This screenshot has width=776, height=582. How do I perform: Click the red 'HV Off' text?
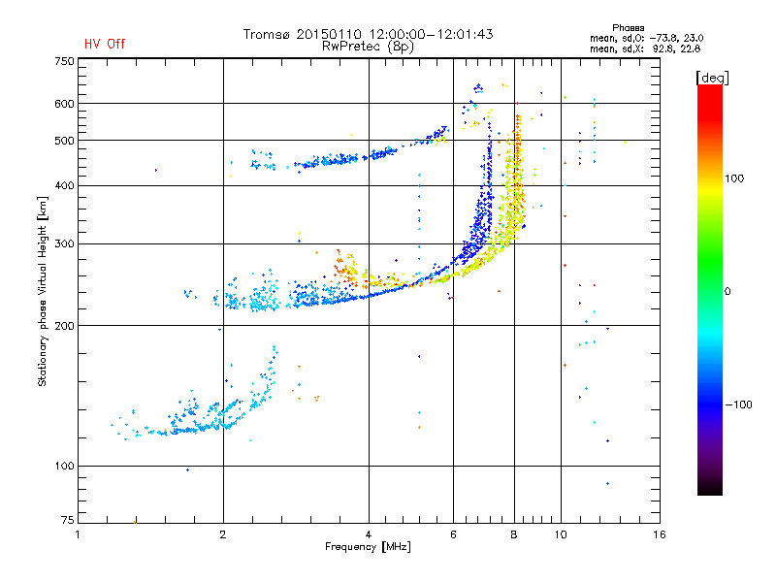click(x=105, y=44)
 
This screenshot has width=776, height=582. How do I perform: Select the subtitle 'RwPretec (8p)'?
click(x=368, y=47)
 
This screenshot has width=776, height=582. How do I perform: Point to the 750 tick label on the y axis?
click(x=65, y=61)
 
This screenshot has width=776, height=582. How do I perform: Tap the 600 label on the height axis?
click(x=65, y=104)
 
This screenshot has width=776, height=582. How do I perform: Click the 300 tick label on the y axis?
click(x=65, y=244)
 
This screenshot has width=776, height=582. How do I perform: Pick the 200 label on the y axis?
click(x=65, y=326)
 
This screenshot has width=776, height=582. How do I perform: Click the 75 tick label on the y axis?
click(x=68, y=520)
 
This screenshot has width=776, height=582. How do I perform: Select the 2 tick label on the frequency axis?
click(x=223, y=534)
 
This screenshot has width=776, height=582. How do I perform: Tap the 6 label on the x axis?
click(x=453, y=534)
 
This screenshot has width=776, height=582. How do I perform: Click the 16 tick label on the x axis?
click(x=660, y=534)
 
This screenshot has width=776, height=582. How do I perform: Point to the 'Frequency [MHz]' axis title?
click(x=368, y=547)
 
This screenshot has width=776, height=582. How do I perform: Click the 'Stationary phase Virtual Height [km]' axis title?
click(x=43, y=291)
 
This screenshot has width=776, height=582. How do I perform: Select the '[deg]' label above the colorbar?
click(x=712, y=78)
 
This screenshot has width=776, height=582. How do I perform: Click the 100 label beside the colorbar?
click(x=734, y=178)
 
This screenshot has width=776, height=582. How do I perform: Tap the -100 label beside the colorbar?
click(x=738, y=404)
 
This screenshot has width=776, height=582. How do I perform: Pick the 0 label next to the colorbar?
click(x=727, y=292)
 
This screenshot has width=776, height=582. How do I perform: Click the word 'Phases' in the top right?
click(x=628, y=28)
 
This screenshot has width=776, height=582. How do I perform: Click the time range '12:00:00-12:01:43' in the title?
click(x=431, y=34)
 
